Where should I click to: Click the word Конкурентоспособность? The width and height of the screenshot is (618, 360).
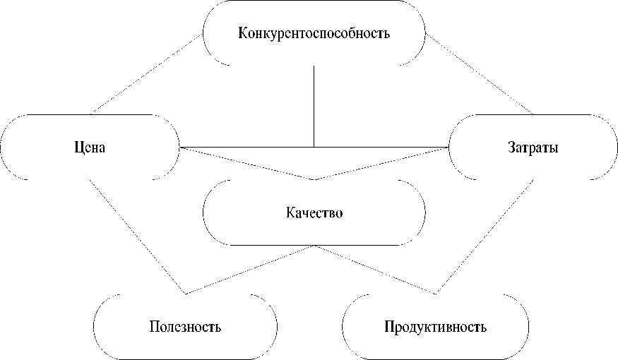314,33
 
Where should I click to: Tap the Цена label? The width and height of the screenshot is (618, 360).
90,148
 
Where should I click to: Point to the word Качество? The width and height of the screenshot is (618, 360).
314,212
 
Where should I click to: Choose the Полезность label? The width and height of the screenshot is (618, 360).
186,328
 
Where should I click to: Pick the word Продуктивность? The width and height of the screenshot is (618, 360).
436,328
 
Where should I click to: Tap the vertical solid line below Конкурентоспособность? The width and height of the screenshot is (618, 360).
314,106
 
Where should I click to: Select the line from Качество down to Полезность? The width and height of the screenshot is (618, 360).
251,269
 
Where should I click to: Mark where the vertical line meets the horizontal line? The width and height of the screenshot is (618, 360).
314,147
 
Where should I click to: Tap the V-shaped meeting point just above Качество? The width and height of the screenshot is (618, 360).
314,179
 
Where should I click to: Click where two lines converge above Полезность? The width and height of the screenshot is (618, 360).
186,293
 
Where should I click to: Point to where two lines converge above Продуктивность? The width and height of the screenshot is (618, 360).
436,293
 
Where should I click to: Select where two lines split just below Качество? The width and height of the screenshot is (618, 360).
316,246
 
